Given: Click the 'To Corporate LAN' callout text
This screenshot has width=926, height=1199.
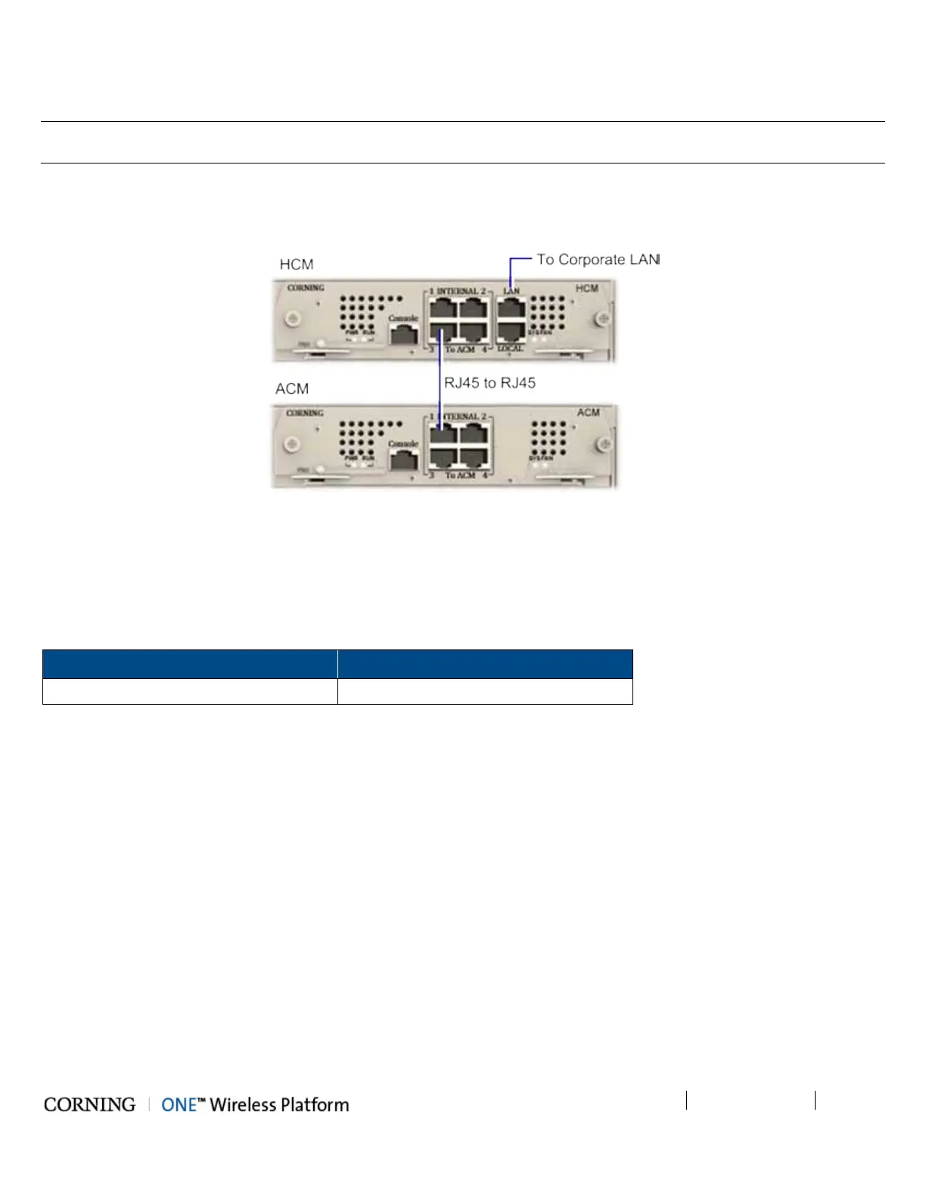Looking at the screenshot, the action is (598, 260).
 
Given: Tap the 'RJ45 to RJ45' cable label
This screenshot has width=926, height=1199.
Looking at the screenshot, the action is (489, 383).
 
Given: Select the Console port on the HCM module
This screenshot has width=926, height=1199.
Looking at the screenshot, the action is (404, 335).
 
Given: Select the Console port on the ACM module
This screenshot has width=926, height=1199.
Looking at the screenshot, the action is (404, 459).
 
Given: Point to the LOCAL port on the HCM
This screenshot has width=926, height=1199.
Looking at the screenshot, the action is (512, 332).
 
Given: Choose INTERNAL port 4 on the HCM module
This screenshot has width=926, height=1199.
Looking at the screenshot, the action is (474, 332).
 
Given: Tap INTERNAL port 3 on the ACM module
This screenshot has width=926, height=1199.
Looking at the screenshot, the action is (443, 457).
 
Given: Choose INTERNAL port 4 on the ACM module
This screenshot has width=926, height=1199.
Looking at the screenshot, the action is (474, 457).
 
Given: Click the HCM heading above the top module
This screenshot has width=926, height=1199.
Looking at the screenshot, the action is (297, 264).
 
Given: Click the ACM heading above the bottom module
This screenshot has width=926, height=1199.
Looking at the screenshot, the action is (292, 388).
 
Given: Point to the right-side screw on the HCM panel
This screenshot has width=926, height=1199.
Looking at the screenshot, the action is (602, 318).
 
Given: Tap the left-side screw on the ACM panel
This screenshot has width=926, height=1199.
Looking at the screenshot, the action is (292, 444).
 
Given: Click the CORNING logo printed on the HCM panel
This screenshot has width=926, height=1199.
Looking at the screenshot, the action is (306, 288).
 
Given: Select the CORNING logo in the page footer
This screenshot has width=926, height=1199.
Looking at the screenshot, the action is (89, 1104).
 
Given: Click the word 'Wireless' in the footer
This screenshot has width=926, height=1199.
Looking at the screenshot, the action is (243, 1104).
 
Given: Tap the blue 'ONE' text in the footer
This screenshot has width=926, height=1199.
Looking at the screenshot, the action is (179, 1104).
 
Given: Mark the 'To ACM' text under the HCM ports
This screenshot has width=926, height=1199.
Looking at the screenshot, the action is (460, 349).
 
